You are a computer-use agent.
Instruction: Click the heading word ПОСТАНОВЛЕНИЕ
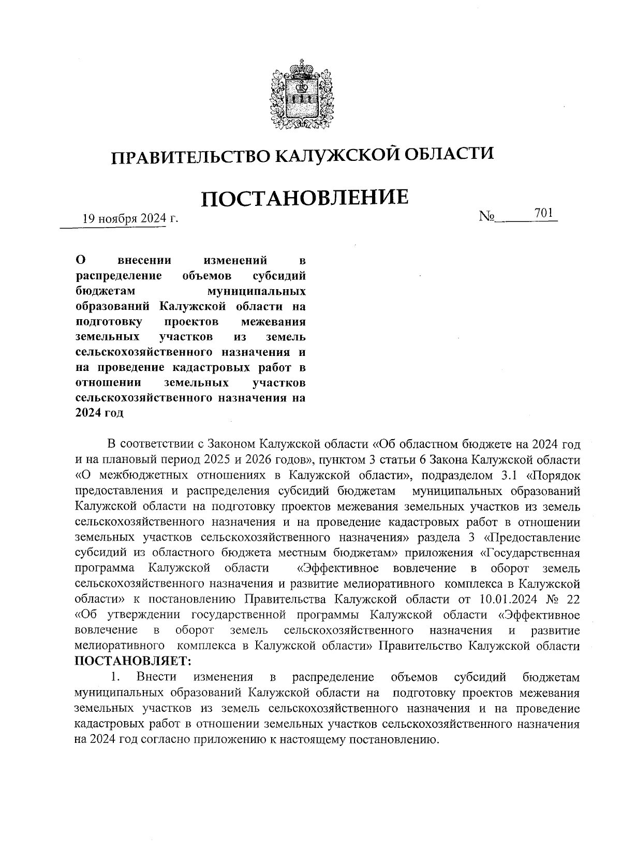(304, 198)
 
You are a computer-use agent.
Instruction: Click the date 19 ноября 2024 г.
(130, 218)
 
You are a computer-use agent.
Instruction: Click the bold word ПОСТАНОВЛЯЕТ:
(133, 661)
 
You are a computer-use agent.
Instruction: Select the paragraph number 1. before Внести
(116, 677)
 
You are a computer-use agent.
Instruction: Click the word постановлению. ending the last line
(395, 739)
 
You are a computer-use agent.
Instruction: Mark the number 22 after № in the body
(573, 600)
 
